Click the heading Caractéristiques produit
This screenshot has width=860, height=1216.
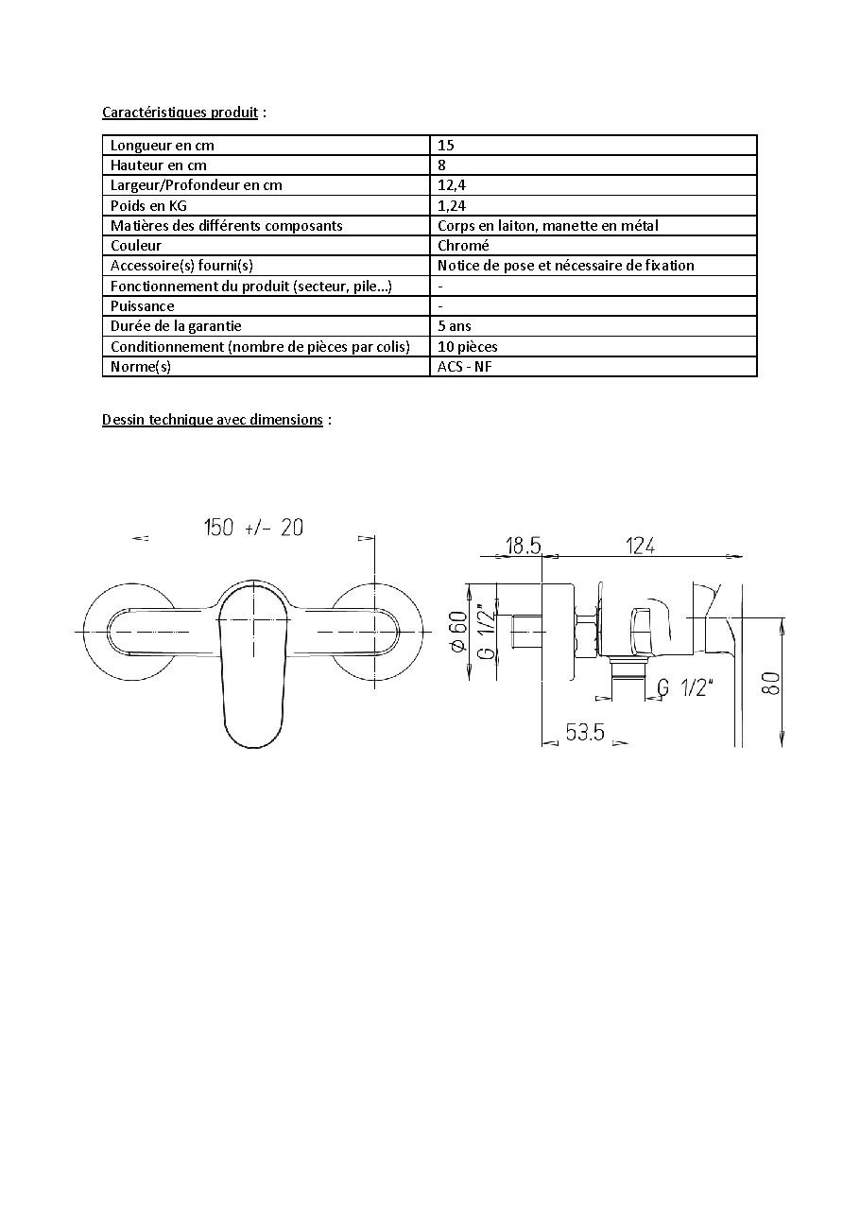click(180, 113)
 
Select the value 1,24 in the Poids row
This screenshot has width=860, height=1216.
click(452, 206)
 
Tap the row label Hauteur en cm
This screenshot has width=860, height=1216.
click(159, 165)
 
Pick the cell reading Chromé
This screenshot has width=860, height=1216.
click(463, 245)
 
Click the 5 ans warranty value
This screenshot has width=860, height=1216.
click(455, 326)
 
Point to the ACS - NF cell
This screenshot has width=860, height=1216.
click(464, 367)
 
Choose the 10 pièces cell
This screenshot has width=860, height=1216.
click(467, 346)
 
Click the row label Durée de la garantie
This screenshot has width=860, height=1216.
click(176, 326)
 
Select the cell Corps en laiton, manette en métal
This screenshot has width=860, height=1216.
click(548, 226)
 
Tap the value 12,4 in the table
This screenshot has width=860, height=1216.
click(452, 185)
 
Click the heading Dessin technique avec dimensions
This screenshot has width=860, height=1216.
click(212, 420)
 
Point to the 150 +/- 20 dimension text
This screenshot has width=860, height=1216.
click(253, 527)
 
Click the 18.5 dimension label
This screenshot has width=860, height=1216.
click(523, 546)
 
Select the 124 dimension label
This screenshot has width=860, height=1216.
click(640, 546)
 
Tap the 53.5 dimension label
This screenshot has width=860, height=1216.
click(584, 732)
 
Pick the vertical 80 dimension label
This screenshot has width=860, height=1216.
click(771, 684)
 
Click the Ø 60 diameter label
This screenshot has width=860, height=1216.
click(458, 631)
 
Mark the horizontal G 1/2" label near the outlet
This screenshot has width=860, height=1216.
click(685, 687)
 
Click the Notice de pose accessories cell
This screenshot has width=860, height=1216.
click(566, 266)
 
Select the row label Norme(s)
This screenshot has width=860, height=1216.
click(141, 367)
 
